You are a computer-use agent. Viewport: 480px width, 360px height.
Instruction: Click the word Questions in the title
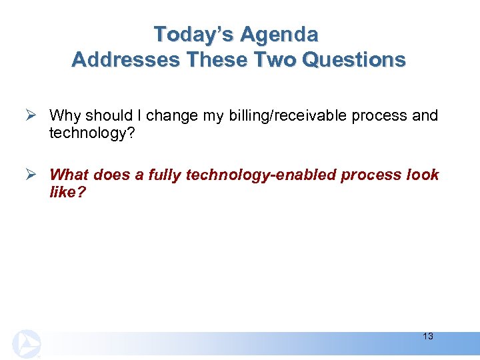(353, 60)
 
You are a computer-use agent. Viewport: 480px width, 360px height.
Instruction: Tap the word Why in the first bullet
(64, 115)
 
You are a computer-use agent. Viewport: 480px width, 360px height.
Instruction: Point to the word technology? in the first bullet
(86, 133)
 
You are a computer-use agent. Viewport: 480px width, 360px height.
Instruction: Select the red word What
(69, 175)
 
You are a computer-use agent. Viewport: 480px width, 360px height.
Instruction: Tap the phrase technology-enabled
(261, 175)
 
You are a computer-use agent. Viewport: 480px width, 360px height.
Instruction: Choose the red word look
(422, 175)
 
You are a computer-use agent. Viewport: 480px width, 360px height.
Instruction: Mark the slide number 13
(427, 337)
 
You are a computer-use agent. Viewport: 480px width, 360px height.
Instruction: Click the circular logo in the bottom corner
(25, 344)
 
